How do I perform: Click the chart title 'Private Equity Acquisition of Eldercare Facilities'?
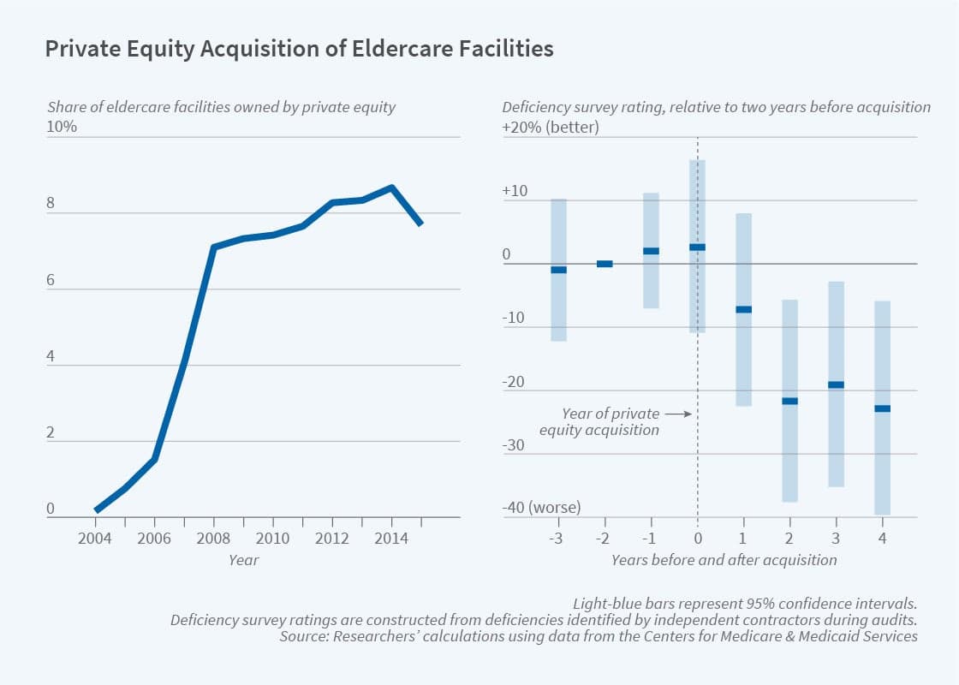coord(299,50)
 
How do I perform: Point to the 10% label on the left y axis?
coord(62,127)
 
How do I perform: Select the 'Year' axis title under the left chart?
coord(243,560)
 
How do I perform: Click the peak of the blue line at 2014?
coord(391,187)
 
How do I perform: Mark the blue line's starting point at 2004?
coord(97,509)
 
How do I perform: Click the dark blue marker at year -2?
coord(605,264)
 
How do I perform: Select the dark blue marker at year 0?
coord(698,247)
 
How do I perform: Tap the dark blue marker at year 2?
coord(789,401)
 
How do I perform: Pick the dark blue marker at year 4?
coord(883,408)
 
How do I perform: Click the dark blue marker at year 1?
coord(744,309)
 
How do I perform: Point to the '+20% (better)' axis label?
coord(551,127)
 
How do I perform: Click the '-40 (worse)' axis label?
coord(541,508)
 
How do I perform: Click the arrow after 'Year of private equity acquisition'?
coord(676,414)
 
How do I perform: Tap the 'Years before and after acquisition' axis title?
coord(724,560)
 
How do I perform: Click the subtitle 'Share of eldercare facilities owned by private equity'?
coord(221,107)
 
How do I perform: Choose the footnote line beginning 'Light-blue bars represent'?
coord(745,603)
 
